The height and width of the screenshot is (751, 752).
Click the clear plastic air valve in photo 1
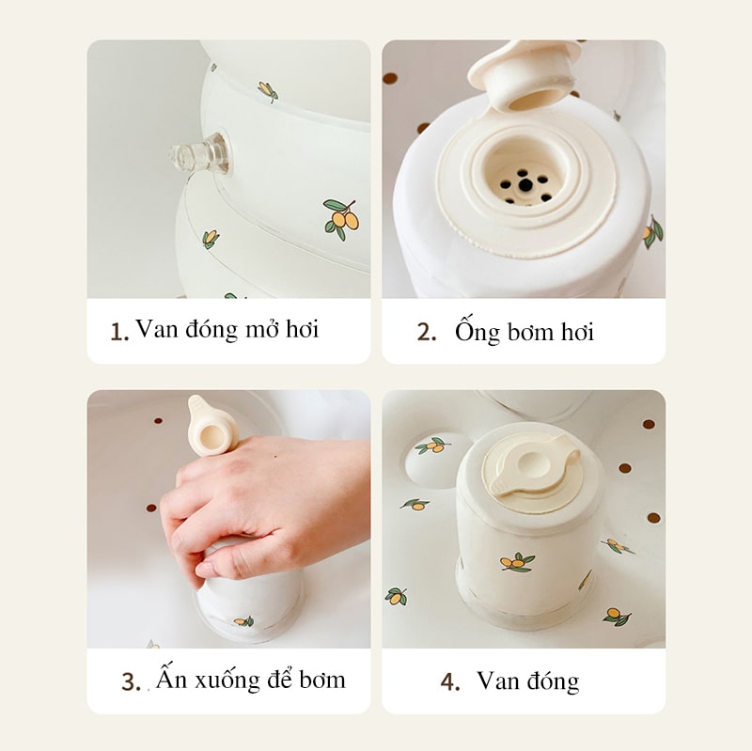point(197,153)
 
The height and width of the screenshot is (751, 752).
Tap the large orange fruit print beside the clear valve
point(341,219)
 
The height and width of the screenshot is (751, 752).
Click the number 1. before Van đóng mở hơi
point(119,332)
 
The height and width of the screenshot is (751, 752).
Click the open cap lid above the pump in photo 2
point(522,76)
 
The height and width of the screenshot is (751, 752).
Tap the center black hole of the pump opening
point(525,184)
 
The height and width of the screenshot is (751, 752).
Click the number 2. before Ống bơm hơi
point(427,332)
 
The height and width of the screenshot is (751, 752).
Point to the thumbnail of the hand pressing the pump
point(228,519)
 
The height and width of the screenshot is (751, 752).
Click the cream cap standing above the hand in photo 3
point(212,426)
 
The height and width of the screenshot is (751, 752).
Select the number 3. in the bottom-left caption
point(131,682)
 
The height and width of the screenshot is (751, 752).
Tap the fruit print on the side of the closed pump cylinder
point(518,561)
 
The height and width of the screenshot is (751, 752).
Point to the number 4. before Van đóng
point(450,681)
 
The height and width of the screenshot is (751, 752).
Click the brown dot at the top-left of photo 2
point(390,79)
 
